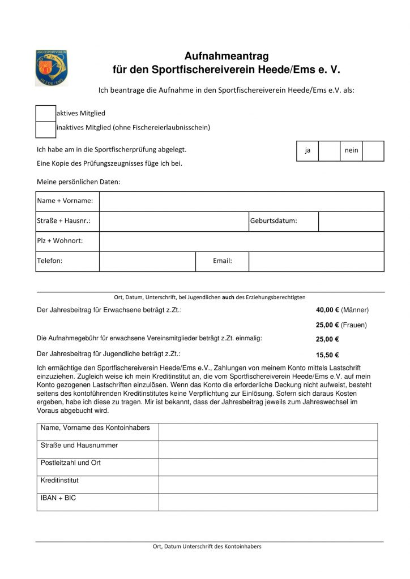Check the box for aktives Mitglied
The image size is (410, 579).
click(x=45, y=113)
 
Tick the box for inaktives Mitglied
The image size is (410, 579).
click(x=45, y=129)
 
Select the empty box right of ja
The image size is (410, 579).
click(x=328, y=151)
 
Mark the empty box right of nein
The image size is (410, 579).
click(x=373, y=151)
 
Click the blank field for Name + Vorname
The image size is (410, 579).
click(x=242, y=201)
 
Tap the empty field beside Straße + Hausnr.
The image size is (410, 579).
click(x=174, y=221)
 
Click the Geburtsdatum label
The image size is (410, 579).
click(x=274, y=221)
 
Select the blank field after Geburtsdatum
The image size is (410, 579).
click(x=351, y=221)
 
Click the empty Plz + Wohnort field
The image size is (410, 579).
click(x=242, y=241)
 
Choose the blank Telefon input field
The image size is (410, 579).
click(x=147, y=261)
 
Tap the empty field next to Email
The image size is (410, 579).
click(x=317, y=261)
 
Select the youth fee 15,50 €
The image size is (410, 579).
click(x=327, y=355)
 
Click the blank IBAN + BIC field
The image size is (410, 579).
click(x=268, y=502)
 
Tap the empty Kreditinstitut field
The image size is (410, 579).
click(x=268, y=484)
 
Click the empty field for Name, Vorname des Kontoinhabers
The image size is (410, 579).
click(x=268, y=431)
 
